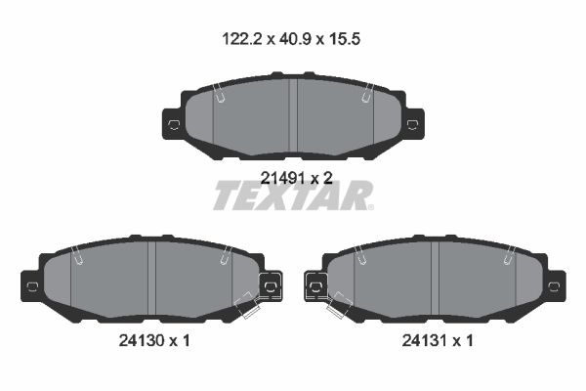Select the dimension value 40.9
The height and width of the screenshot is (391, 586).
295,39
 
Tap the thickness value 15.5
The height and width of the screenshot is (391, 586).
344,39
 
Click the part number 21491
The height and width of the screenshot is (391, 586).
282,179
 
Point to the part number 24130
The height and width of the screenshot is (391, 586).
142,340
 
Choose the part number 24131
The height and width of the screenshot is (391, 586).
425,340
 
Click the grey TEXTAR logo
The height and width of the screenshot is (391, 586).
293,195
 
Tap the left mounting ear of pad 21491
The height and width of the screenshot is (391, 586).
173,124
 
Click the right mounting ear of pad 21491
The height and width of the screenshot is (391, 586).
413,124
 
